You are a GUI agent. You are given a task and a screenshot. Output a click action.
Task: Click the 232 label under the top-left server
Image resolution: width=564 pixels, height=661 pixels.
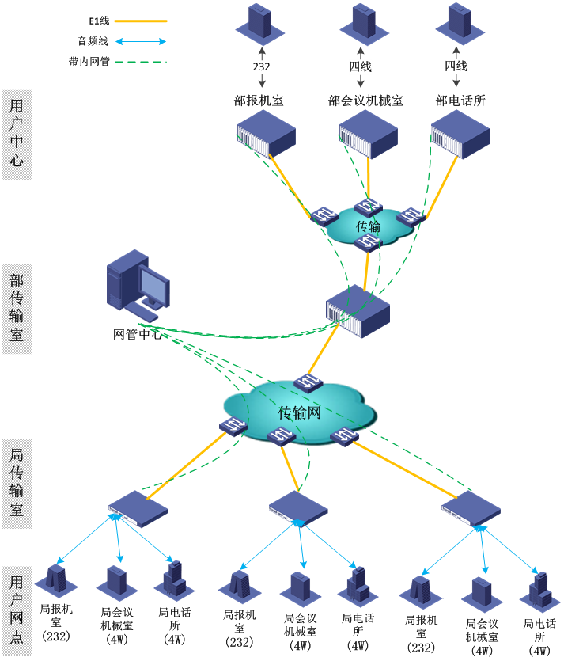[x=262, y=67]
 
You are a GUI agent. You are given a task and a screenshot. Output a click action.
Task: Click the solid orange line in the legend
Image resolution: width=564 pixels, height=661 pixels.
[x=141, y=21]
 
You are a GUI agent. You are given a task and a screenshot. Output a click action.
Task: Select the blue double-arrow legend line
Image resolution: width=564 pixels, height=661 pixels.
[x=141, y=41]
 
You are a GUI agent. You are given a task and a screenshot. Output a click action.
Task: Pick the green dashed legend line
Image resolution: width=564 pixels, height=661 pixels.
[x=141, y=61]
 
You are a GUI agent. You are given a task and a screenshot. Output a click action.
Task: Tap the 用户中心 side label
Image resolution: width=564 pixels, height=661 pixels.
[x=17, y=134]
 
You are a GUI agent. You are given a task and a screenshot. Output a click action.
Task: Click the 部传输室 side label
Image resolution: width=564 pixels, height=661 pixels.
[x=17, y=309]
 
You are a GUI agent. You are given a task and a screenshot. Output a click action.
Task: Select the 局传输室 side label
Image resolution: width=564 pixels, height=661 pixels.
[x=17, y=483]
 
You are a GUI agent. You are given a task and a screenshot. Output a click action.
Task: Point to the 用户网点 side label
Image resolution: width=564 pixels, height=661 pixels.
[x=17, y=610]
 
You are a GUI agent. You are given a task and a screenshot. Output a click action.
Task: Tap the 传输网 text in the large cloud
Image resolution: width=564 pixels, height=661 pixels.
[x=300, y=412]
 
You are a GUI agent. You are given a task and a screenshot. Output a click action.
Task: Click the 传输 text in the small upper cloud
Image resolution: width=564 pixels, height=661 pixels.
[x=368, y=226]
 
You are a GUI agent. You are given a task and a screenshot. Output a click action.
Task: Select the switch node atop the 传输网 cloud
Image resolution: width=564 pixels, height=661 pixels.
[x=308, y=383]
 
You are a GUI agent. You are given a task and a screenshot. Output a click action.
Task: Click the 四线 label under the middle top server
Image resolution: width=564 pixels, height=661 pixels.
[x=361, y=67]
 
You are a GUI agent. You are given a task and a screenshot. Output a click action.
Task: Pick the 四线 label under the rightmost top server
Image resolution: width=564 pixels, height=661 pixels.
[x=456, y=67]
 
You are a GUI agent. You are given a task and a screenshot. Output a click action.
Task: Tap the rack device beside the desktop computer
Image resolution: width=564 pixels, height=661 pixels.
[x=358, y=311]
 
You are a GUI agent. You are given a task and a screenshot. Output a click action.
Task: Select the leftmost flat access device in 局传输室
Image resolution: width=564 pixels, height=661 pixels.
[x=138, y=508]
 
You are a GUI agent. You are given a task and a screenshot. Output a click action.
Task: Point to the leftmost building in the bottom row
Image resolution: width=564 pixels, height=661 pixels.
[x=56, y=579]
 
